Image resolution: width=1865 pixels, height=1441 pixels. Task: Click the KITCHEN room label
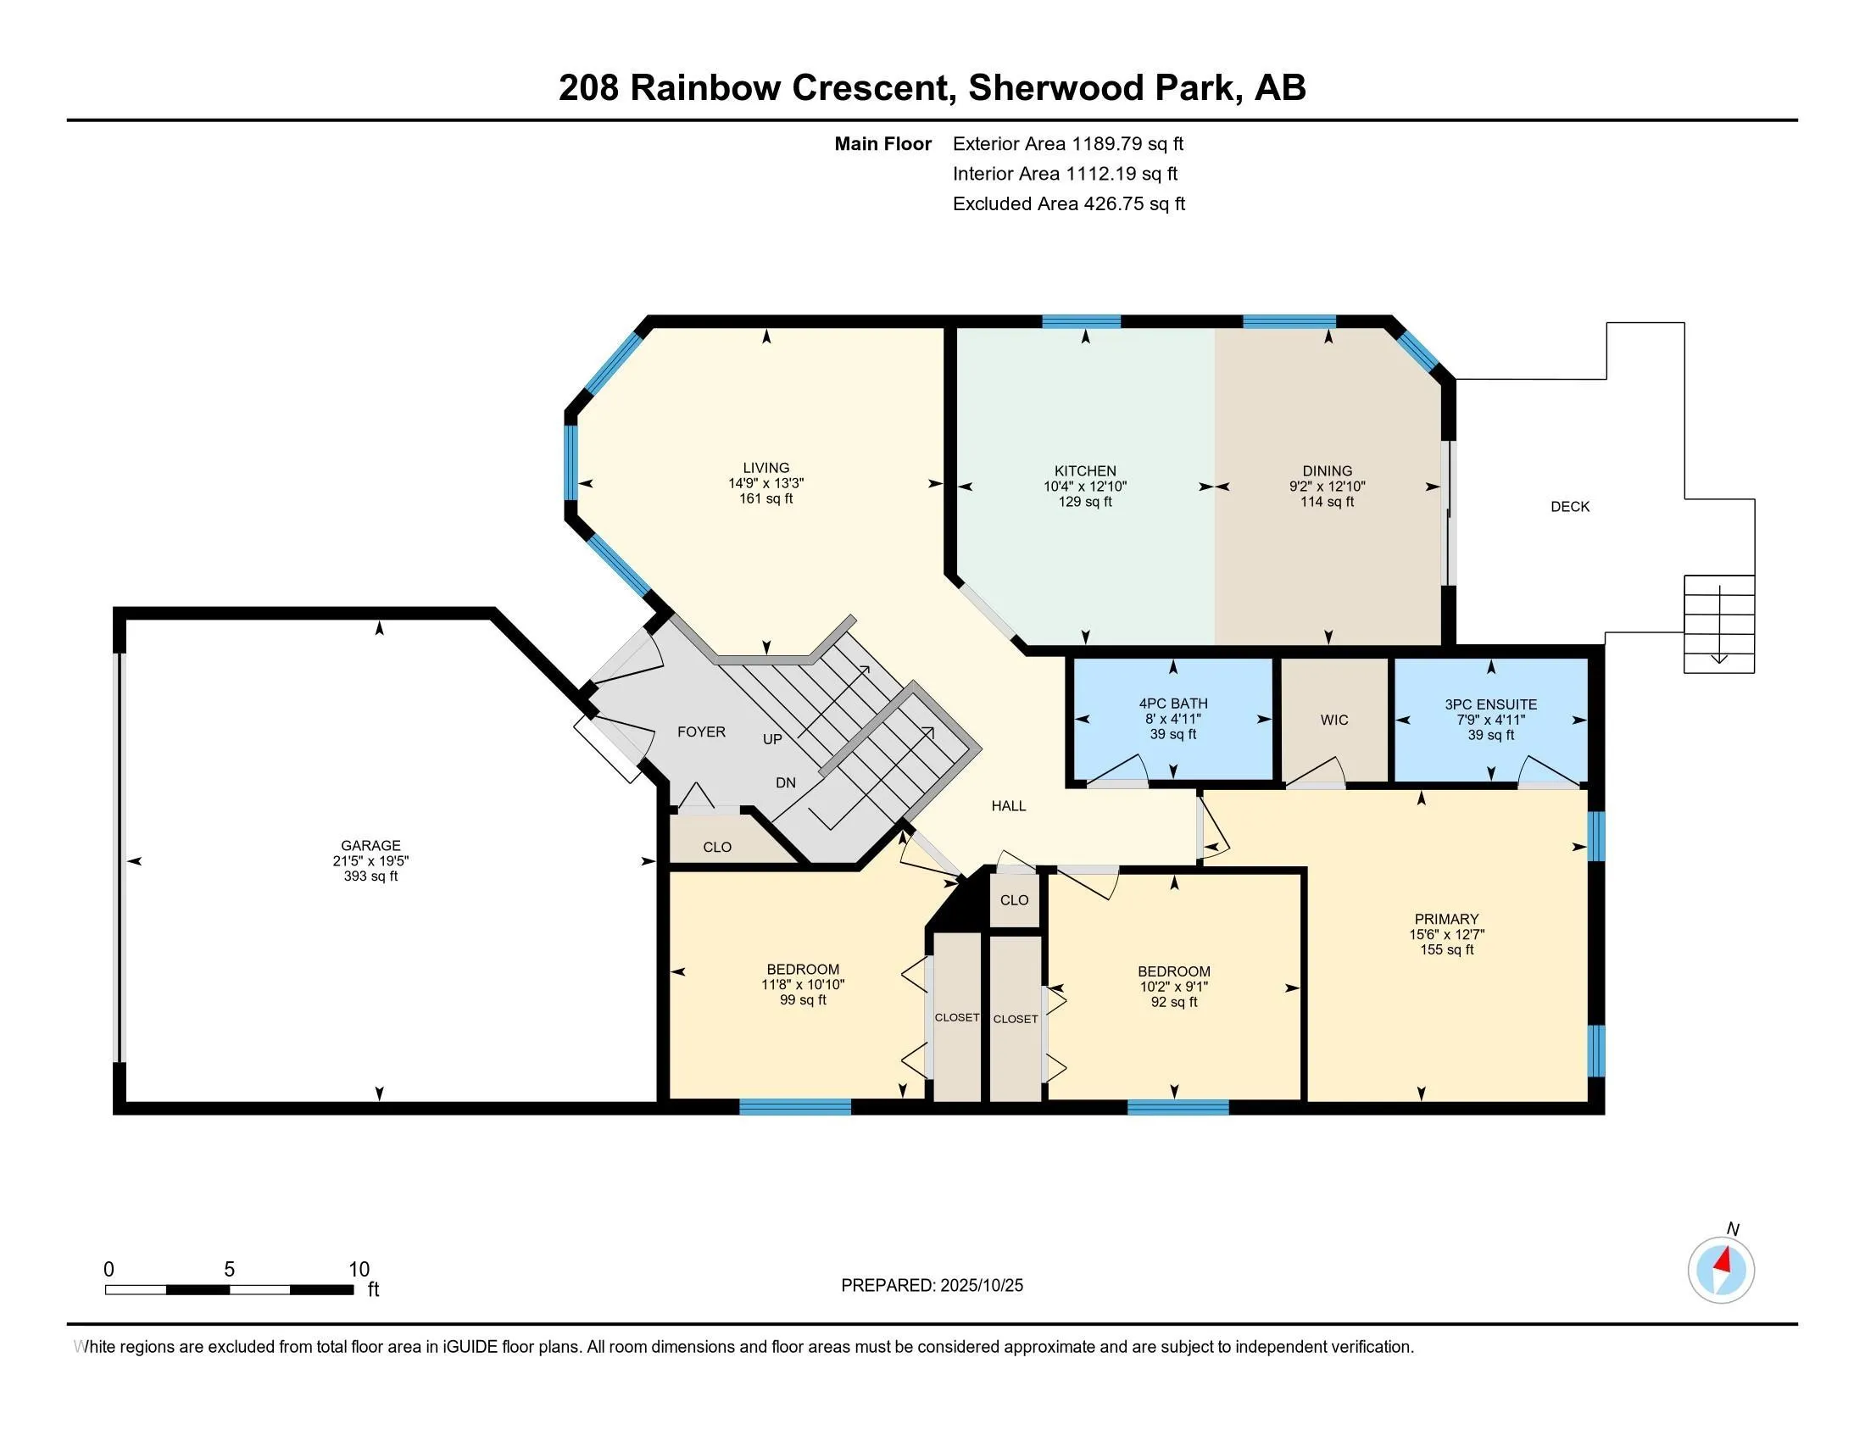click(x=1084, y=470)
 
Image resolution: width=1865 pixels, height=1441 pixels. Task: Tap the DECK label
click(x=1569, y=506)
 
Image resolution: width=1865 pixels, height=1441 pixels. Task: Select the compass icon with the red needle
click(x=1721, y=1271)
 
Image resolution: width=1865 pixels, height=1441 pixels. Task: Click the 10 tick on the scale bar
click(x=359, y=1270)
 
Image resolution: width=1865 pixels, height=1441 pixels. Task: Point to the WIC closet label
click(x=1333, y=720)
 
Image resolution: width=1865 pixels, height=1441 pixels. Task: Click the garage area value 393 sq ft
click(x=370, y=876)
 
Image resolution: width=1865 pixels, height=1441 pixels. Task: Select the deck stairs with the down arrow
click(x=1718, y=624)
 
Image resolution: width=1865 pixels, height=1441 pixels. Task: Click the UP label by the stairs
click(x=772, y=738)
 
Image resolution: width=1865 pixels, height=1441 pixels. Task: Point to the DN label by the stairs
click(x=786, y=782)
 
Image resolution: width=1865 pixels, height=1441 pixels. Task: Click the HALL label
click(x=1009, y=805)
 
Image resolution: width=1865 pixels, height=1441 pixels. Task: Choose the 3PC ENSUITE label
click(x=1490, y=704)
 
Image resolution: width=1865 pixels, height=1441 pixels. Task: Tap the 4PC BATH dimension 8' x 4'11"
click(x=1172, y=719)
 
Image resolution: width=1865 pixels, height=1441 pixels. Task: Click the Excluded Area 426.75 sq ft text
click(x=1068, y=203)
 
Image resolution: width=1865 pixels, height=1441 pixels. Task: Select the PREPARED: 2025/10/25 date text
click(x=932, y=1285)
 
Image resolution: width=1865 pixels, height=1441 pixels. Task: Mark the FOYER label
click(x=701, y=732)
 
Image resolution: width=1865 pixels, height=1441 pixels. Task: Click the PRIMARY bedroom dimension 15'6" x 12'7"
click(x=1445, y=934)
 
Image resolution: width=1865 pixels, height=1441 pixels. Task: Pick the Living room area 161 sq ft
click(x=766, y=498)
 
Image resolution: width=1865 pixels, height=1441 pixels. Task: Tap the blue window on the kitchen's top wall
click(x=1080, y=322)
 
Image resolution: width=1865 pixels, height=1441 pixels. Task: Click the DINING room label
click(x=1327, y=470)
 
